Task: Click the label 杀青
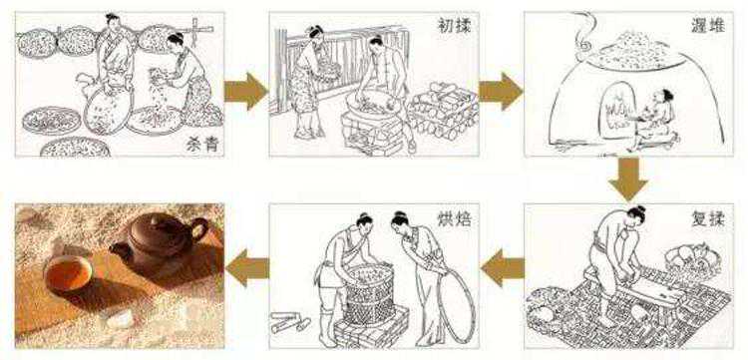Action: tap(202, 144)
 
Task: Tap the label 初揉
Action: tap(454, 26)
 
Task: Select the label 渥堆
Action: tap(708, 26)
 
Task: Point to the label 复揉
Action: tap(708, 219)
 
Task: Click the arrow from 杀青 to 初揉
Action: tap(246, 91)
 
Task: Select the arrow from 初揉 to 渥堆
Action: tap(501, 91)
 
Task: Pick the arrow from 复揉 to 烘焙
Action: tap(502, 268)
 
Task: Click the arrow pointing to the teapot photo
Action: tap(247, 268)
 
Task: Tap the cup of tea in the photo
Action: tap(68, 273)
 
